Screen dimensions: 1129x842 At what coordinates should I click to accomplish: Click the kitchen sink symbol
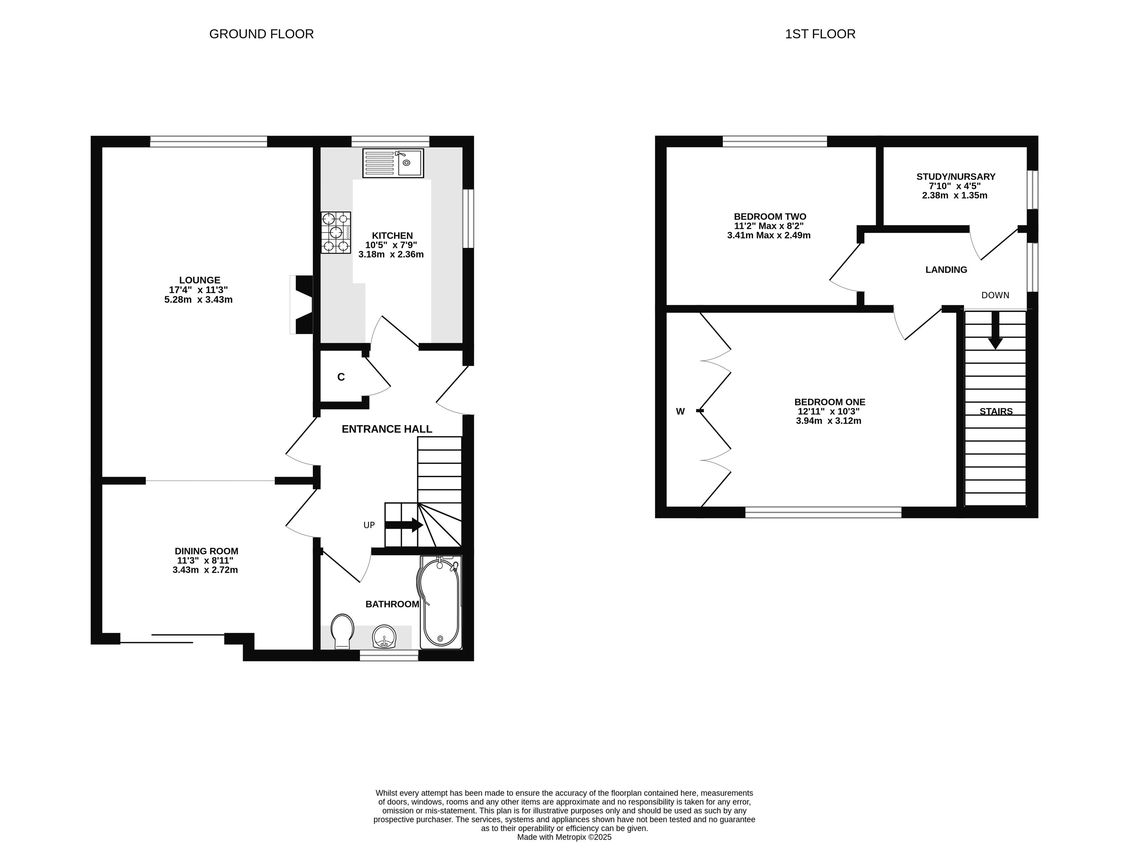click(x=393, y=163)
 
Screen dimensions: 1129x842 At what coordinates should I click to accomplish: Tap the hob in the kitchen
click(x=336, y=232)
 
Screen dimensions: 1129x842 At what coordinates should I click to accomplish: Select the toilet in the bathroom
click(x=342, y=631)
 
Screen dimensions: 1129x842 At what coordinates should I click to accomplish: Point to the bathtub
click(x=441, y=602)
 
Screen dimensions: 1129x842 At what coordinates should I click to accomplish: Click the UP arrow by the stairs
click(x=403, y=525)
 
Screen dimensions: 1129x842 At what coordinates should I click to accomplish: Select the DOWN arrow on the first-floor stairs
click(x=995, y=330)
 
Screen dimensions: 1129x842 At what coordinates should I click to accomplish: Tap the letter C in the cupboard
click(x=341, y=377)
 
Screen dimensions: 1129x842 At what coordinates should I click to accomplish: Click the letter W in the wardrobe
click(x=680, y=411)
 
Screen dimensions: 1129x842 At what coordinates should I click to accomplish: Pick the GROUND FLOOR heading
click(x=261, y=34)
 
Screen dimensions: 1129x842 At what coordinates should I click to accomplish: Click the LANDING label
click(x=946, y=270)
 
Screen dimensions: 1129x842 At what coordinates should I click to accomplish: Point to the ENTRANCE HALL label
click(x=387, y=429)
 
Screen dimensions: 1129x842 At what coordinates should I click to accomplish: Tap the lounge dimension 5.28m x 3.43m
click(x=198, y=300)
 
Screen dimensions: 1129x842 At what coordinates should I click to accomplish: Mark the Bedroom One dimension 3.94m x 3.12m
click(x=828, y=421)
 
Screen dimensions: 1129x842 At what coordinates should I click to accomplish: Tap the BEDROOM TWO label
click(x=770, y=217)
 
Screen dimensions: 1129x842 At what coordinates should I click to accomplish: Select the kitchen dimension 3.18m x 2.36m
click(x=391, y=254)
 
